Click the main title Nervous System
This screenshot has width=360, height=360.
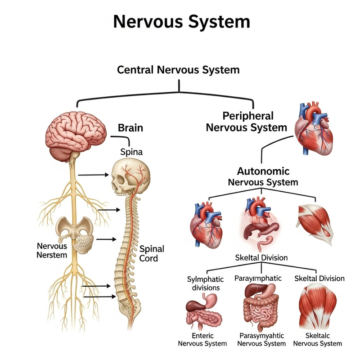click(x=181, y=21)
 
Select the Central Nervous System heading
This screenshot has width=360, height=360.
click(x=178, y=70)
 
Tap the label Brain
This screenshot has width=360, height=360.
click(x=130, y=128)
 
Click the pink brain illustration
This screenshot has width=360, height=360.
click(x=76, y=132)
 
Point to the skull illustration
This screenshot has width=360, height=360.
click(x=130, y=177)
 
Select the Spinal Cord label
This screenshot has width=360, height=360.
click(x=152, y=254)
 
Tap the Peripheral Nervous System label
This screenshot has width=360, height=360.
click(x=246, y=121)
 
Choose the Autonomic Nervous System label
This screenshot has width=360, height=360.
click(x=263, y=177)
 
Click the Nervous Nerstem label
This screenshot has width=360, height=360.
click(x=52, y=251)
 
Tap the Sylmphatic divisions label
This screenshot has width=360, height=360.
click(x=203, y=283)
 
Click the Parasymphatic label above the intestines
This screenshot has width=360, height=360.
click(x=258, y=278)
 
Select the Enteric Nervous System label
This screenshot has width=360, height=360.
click(x=202, y=339)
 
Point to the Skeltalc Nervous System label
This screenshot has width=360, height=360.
click(x=317, y=339)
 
